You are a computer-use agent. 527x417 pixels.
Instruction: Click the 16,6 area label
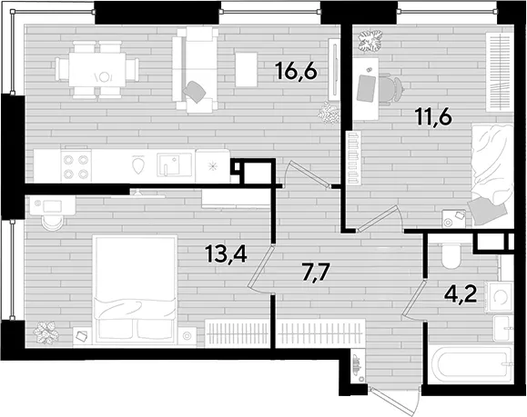point(296,72)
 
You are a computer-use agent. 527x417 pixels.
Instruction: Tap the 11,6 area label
point(433,117)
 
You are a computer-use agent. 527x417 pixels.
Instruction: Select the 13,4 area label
point(227,253)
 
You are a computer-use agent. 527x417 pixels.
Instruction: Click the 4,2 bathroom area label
point(461,295)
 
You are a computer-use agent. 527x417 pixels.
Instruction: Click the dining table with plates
point(97,70)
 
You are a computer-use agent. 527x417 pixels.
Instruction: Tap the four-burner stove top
point(76,166)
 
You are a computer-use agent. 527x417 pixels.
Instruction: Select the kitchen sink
point(174,164)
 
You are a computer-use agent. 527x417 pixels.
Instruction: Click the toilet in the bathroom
point(451,256)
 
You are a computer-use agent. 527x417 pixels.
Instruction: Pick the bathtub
point(471,366)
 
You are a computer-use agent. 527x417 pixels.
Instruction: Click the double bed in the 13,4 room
point(135,290)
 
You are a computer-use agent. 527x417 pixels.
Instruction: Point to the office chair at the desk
point(390,88)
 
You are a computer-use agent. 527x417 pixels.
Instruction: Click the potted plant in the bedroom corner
point(46,333)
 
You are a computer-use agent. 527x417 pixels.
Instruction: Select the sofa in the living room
point(195,69)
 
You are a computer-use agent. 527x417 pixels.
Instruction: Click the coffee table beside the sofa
point(247,69)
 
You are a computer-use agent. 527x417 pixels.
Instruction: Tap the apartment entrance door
point(393,399)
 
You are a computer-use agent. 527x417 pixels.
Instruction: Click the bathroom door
point(413,298)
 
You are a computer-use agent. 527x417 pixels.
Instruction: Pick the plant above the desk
point(370,41)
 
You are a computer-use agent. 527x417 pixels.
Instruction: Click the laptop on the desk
point(366,87)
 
